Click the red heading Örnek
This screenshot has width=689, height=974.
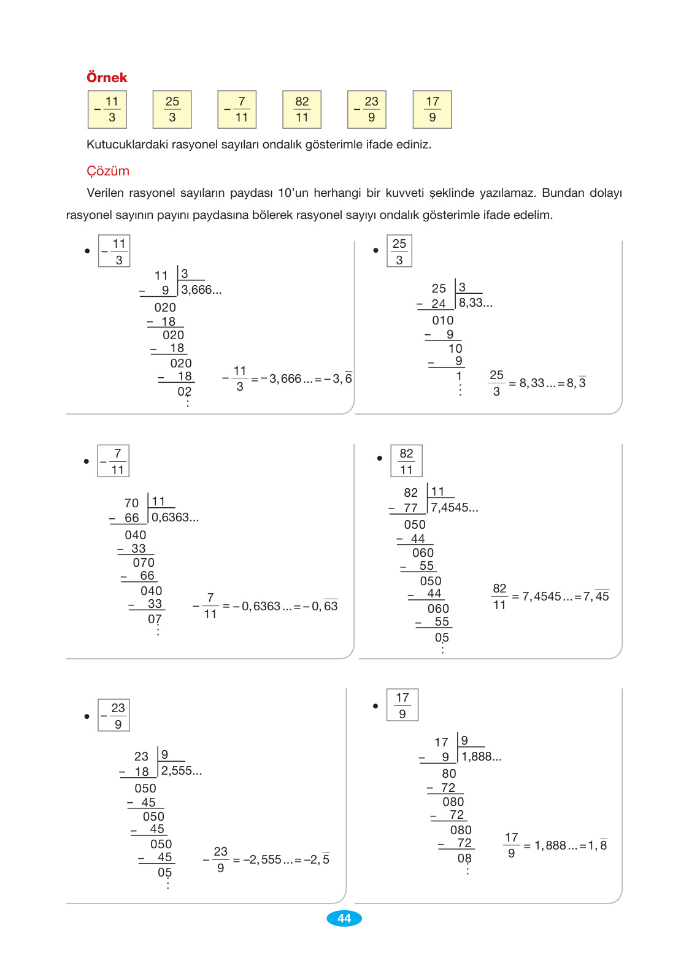[x=107, y=77]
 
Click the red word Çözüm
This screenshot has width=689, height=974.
[x=108, y=171]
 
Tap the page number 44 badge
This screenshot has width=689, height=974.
[x=344, y=918]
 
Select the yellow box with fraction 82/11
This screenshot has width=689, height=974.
[x=302, y=110]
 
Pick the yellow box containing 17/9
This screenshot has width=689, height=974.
[x=433, y=110]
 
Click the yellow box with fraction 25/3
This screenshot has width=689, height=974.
[x=172, y=110]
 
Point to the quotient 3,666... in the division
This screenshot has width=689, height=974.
[x=201, y=290]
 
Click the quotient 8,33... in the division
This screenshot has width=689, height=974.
[x=475, y=303]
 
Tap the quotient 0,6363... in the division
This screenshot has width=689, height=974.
[x=175, y=518]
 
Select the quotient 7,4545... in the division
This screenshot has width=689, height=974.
[x=455, y=508]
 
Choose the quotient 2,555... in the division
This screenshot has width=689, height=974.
[x=182, y=771]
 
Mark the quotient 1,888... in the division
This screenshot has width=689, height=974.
[x=482, y=757]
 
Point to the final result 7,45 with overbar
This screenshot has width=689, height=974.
[x=596, y=596]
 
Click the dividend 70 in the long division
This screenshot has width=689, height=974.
[x=131, y=504]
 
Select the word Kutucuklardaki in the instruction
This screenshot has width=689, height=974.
[x=125, y=145]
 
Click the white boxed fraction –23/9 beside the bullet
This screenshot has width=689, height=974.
[x=114, y=715]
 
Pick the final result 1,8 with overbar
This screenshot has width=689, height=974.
[x=598, y=845]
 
